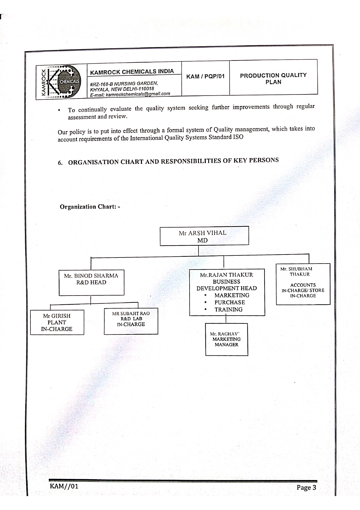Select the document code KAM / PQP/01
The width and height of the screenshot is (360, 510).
point(205,76)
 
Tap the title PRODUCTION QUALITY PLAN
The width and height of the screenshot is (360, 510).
point(273,78)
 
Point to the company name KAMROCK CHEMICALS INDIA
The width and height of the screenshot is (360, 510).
point(132,71)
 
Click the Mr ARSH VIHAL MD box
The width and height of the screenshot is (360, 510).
point(204,236)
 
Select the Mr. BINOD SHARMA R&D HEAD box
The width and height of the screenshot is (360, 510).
point(91,283)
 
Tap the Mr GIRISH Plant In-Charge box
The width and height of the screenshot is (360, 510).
point(57,322)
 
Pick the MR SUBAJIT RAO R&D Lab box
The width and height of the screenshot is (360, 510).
point(131,321)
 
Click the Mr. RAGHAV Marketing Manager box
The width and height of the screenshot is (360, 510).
point(226,339)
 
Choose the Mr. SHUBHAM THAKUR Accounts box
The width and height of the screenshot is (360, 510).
point(303,284)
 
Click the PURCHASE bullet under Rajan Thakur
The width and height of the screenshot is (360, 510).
point(230,302)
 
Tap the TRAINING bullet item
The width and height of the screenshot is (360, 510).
point(228,309)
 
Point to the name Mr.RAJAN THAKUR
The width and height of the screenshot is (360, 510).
point(226,275)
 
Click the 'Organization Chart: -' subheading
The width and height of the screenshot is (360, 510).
point(90,207)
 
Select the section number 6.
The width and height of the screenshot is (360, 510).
point(60,163)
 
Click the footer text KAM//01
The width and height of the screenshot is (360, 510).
point(64,486)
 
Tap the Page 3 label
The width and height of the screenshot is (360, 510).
point(306,487)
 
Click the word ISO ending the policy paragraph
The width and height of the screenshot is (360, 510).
point(238,137)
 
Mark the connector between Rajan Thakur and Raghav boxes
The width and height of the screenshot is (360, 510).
point(226,319)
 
